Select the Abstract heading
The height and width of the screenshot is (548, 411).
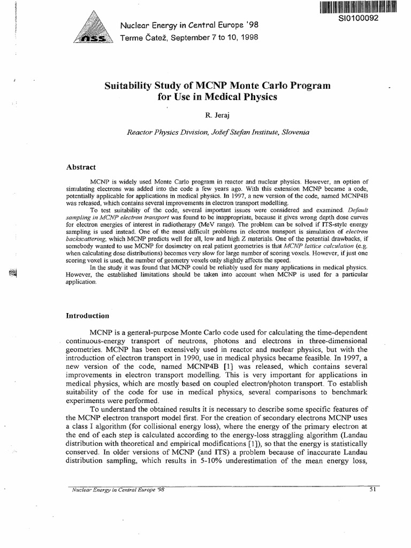pos(80,167)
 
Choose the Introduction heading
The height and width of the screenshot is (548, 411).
pos(87,315)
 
